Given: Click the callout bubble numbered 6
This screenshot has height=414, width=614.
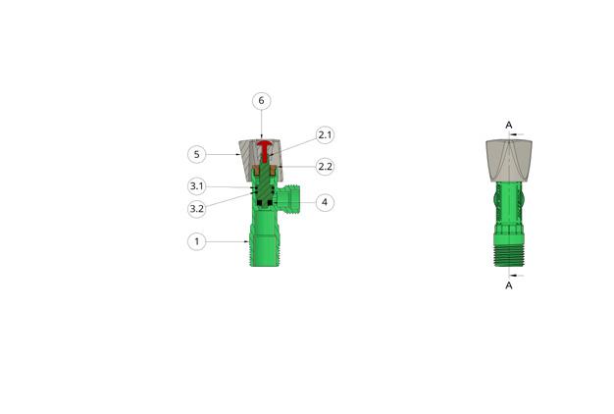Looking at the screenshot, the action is [x=261, y=101].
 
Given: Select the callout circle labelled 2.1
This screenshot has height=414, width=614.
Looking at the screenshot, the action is [x=325, y=134].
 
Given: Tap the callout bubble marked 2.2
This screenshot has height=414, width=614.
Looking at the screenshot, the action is [x=325, y=167].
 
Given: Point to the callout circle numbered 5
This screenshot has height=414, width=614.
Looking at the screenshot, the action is [x=196, y=154].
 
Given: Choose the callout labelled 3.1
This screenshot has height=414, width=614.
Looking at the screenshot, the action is [x=196, y=186].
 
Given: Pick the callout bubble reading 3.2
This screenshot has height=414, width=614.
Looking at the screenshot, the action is [x=196, y=208].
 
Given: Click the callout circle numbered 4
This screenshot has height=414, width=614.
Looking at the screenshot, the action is [x=325, y=202].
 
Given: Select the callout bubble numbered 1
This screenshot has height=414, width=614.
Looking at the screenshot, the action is [x=196, y=241].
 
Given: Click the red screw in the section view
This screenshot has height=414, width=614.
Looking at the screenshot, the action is [x=265, y=151].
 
